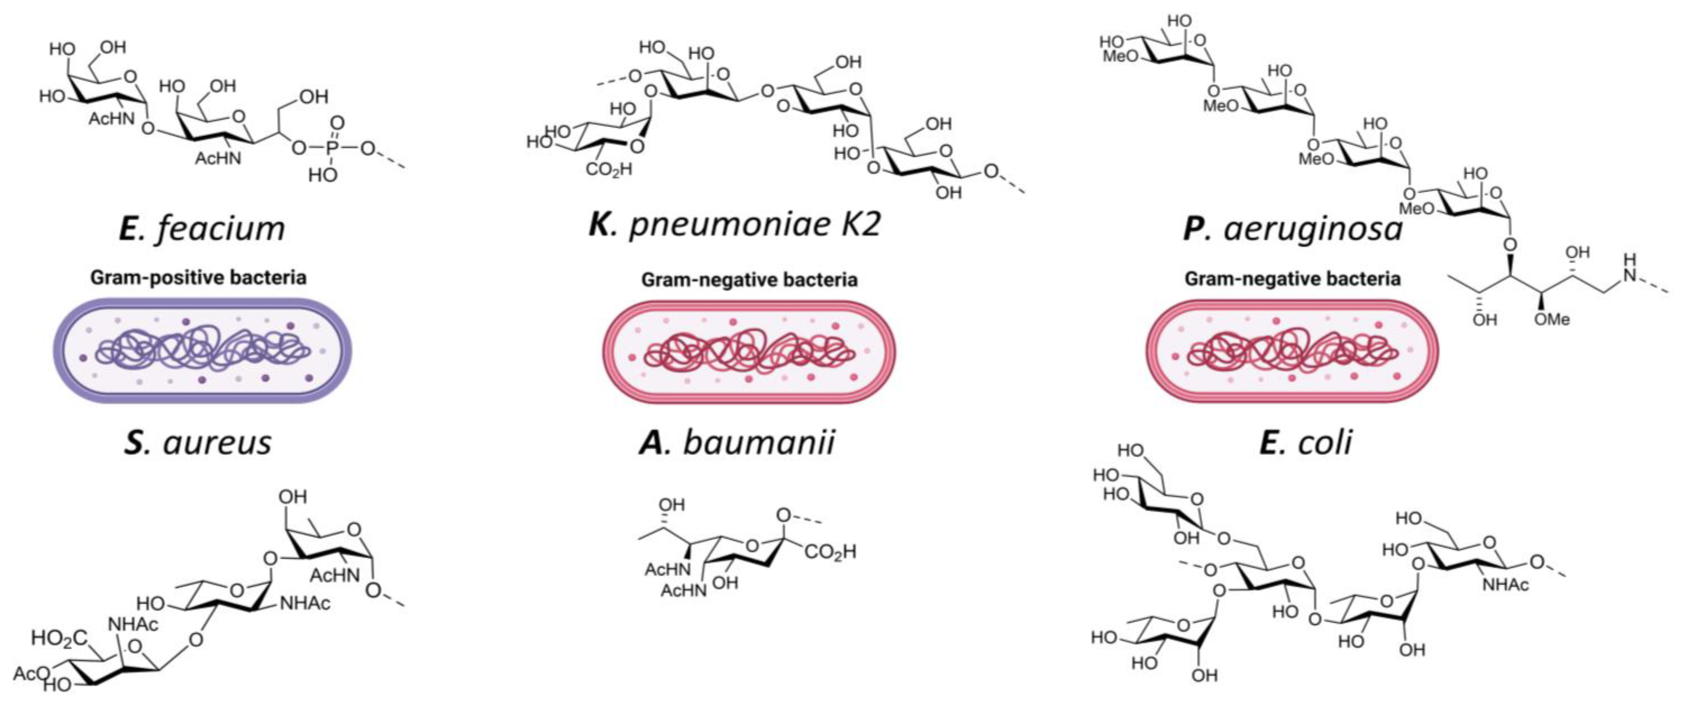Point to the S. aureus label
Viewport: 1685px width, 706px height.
click(198, 442)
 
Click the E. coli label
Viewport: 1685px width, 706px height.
click(1305, 442)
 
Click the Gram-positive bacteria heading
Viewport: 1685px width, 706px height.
click(198, 278)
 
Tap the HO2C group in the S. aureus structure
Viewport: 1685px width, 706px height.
click(59, 637)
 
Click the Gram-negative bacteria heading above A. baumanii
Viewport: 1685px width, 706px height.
click(749, 280)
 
